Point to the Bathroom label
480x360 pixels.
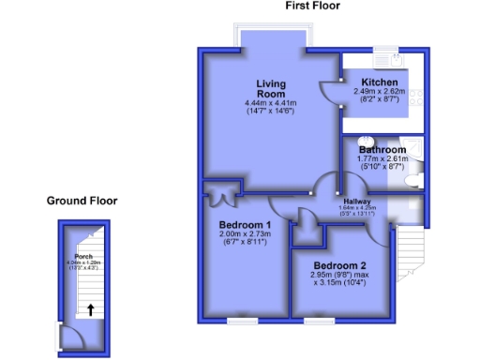[382, 150]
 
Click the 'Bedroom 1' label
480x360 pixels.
[245, 225]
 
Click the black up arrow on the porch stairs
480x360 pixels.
[90, 309]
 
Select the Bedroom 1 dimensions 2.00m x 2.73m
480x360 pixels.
[245, 236]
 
